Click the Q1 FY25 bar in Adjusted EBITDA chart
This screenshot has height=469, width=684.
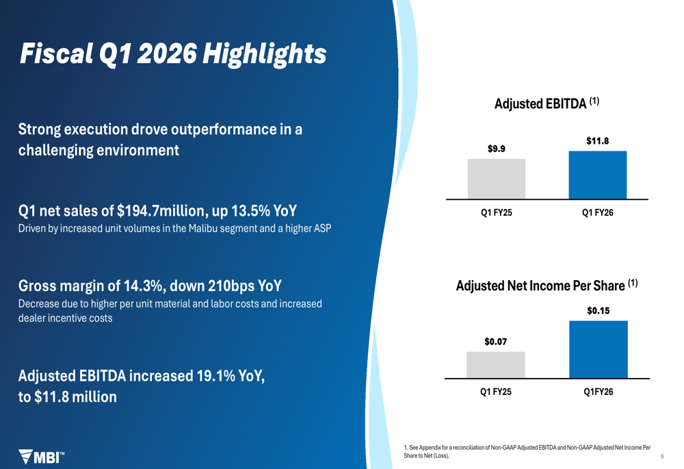pyautogui.click(x=497, y=179)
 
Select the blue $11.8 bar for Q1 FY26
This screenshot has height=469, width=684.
pyautogui.click(x=597, y=175)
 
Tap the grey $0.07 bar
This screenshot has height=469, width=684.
pyautogui.click(x=496, y=365)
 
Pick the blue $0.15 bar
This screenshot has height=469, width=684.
pyautogui.click(x=598, y=349)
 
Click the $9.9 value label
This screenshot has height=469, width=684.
pyautogui.click(x=497, y=149)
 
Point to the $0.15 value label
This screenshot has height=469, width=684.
pyautogui.click(x=598, y=311)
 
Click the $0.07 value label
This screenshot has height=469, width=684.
pyautogui.click(x=496, y=342)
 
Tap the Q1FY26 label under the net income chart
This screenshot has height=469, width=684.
pyautogui.click(x=598, y=392)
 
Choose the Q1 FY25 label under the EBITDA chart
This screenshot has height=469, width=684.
pyautogui.click(x=497, y=213)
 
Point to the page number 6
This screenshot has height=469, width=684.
pyautogui.click(x=663, y=456)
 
